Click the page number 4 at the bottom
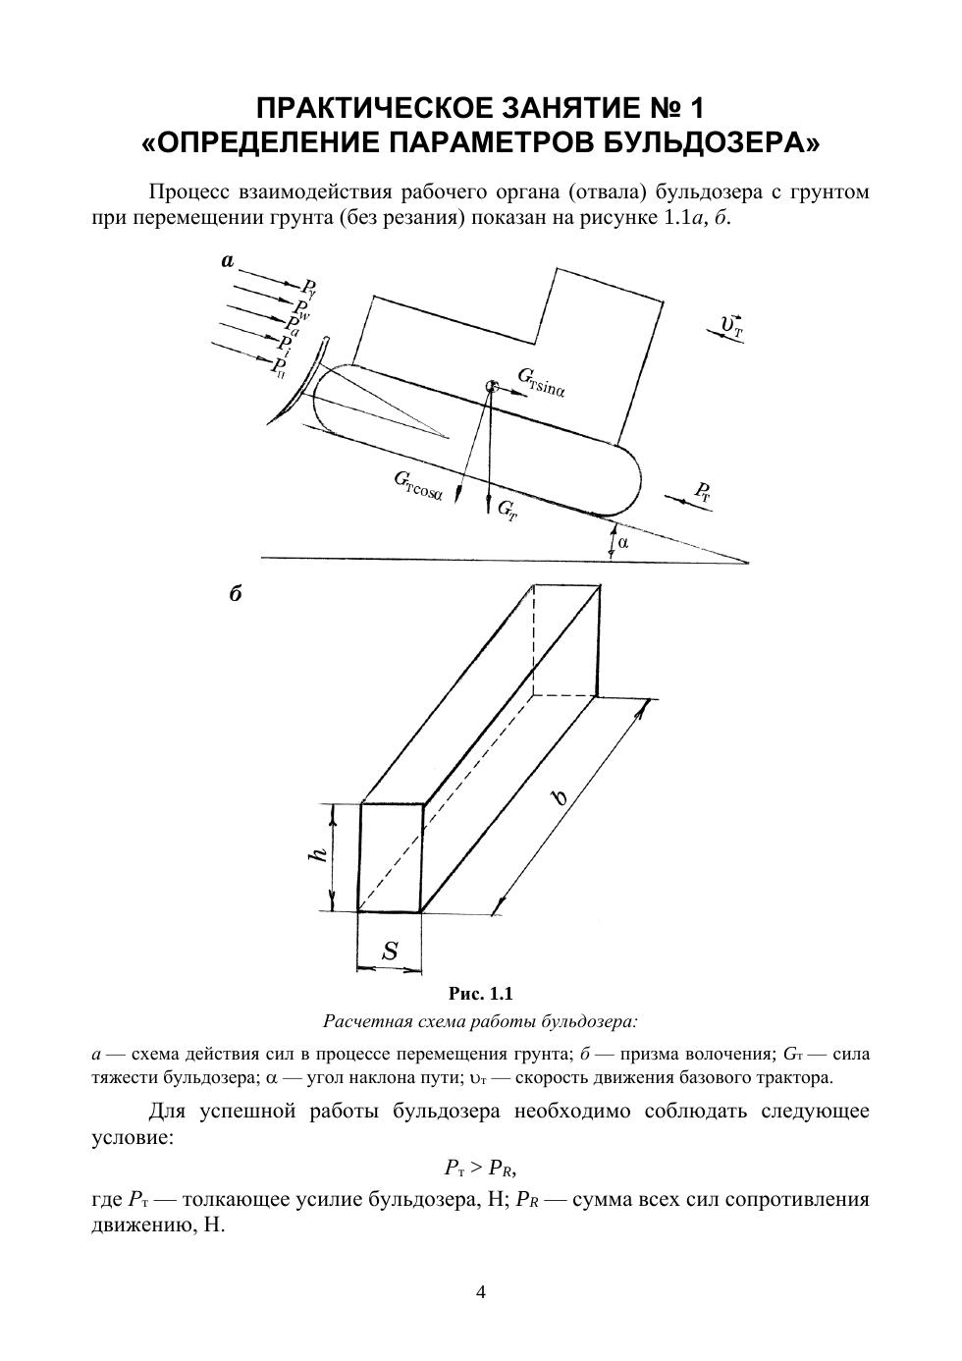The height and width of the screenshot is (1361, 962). coord(481,1292)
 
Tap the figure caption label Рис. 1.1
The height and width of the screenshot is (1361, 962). coord(481,993)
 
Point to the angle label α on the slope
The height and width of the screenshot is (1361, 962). coord(623,541)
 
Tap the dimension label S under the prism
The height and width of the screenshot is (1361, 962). coord(391,951)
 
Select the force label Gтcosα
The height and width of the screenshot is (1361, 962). coord(418,486)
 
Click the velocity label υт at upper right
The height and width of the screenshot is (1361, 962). coord(731,325)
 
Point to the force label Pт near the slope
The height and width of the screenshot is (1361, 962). coord(702,492)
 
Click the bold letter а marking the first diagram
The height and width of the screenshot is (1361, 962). coord(228,261)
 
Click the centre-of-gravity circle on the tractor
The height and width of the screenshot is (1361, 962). coord(490,388)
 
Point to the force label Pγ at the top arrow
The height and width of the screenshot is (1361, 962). coord(308,289)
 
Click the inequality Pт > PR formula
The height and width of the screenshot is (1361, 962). coord(480,1168)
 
